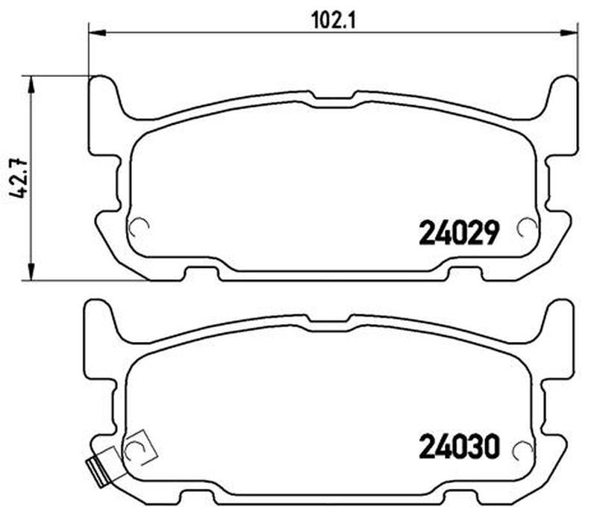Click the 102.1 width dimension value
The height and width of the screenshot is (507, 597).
tap(334, 21)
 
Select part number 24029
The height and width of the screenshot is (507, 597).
tap(459, 233)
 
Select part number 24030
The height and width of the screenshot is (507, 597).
tap(459, 447)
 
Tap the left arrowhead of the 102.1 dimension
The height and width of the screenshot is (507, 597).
tap(97, 34)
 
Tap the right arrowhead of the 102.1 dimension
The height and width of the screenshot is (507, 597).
tap(569, 34)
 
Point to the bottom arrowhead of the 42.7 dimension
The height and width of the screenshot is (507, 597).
tap(31, 273)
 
